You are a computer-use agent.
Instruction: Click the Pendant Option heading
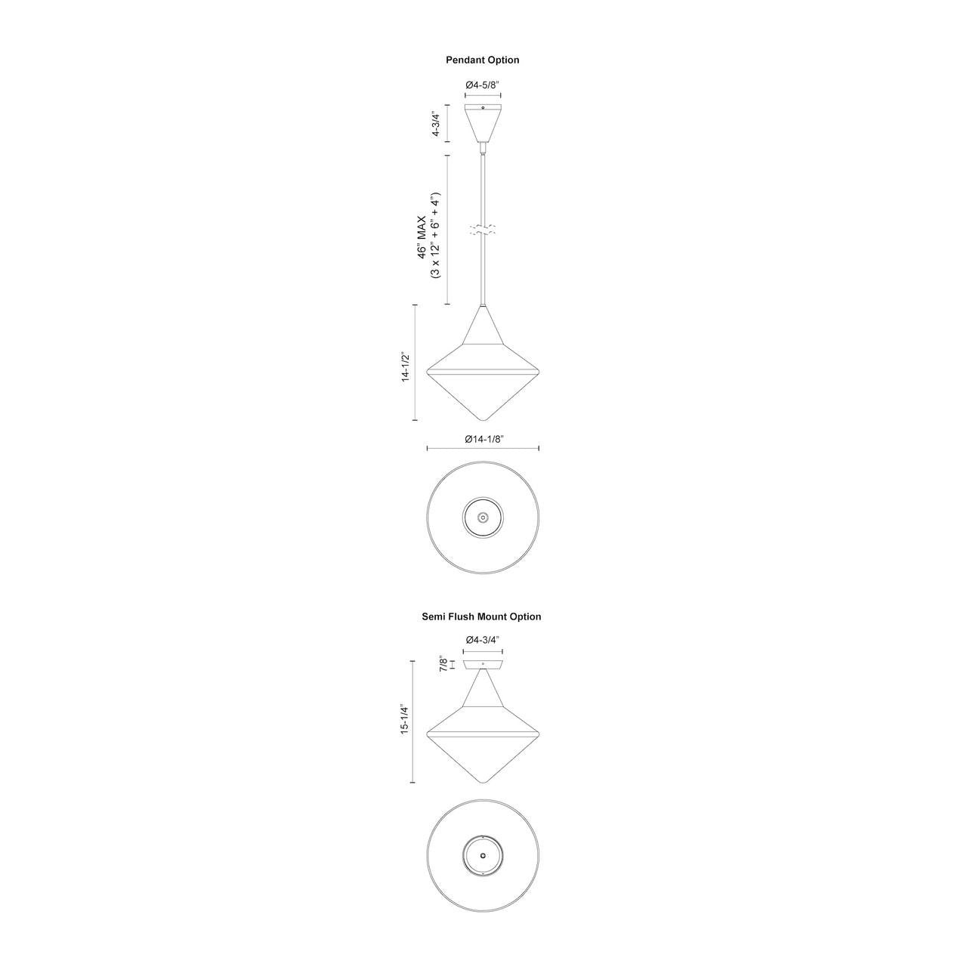(x=482, y=60)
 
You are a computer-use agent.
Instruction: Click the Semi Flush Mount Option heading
(x=481, y=616)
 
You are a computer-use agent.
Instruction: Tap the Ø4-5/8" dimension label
(x=482, y=85)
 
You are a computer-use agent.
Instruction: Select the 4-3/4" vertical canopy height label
(x=436, y=123)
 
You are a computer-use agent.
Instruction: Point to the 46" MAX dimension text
(x=422, y=237)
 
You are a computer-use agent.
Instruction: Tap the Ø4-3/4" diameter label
(x=483, y=639)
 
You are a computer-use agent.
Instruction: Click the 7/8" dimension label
(x=443, y=664)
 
